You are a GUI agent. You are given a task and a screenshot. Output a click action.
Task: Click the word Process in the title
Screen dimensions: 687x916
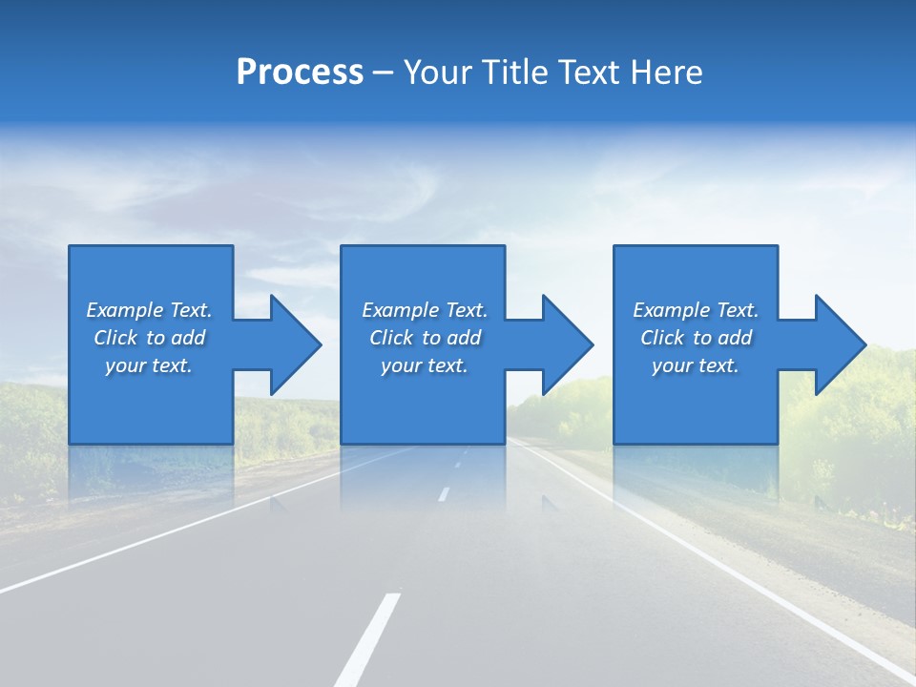300,73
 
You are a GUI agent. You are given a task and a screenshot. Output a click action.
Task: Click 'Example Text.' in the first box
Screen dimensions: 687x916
149,310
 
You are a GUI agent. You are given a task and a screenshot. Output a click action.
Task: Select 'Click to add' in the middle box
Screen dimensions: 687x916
425,338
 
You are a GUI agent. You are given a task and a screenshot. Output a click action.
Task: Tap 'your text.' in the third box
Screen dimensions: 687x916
696,365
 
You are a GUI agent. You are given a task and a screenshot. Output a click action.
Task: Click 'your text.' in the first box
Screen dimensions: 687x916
149,365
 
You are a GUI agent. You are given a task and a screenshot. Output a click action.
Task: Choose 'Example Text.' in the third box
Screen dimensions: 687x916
696,310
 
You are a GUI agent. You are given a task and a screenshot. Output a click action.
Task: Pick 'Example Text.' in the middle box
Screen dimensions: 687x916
425,310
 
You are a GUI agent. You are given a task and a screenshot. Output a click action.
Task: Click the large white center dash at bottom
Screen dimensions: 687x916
367,639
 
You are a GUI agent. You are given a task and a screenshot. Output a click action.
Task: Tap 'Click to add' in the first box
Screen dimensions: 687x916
149,338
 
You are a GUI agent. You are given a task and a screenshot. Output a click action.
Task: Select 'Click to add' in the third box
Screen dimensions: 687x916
696,338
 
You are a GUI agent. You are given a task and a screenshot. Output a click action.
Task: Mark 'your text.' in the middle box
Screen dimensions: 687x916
425,365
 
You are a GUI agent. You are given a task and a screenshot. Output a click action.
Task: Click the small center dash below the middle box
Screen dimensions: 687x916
443,494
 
